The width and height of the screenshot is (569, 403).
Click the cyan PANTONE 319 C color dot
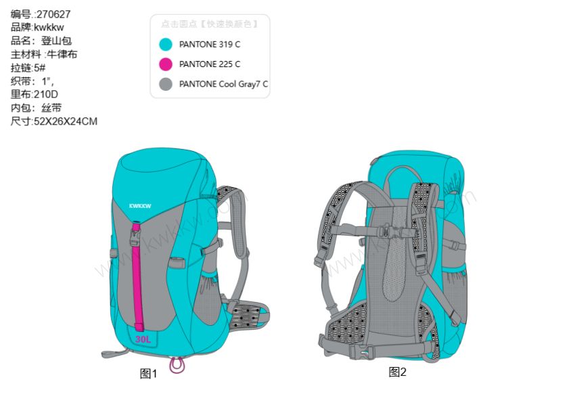pyautogui.click(x=165, y=45)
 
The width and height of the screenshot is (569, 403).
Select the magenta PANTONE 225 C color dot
pyautogui.click(x=165, y=64)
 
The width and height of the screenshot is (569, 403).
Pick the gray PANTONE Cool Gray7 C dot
pyautogui.click(x=165, y=85)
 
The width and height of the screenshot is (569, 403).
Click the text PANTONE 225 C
pyautogui.click(x=210, y=64)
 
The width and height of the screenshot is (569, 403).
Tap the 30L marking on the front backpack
pyautogui.click(x=143, y=338)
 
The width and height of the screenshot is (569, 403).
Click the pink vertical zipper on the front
pyautogui.click(x=139, y=284)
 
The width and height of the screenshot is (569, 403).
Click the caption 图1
pyautogui.click(x=148, y=374)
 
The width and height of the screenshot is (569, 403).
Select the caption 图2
pyautogui.click(x=398, y=372)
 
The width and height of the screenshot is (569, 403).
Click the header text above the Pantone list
pyautogui.click(x=209, y=24)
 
